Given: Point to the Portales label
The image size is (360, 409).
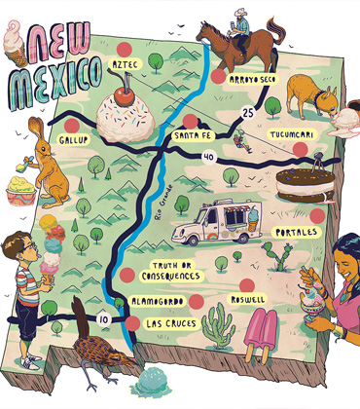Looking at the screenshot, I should [298, 233].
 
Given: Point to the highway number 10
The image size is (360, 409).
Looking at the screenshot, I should [102, 317].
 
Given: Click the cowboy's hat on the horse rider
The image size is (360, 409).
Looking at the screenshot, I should [240, 15].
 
